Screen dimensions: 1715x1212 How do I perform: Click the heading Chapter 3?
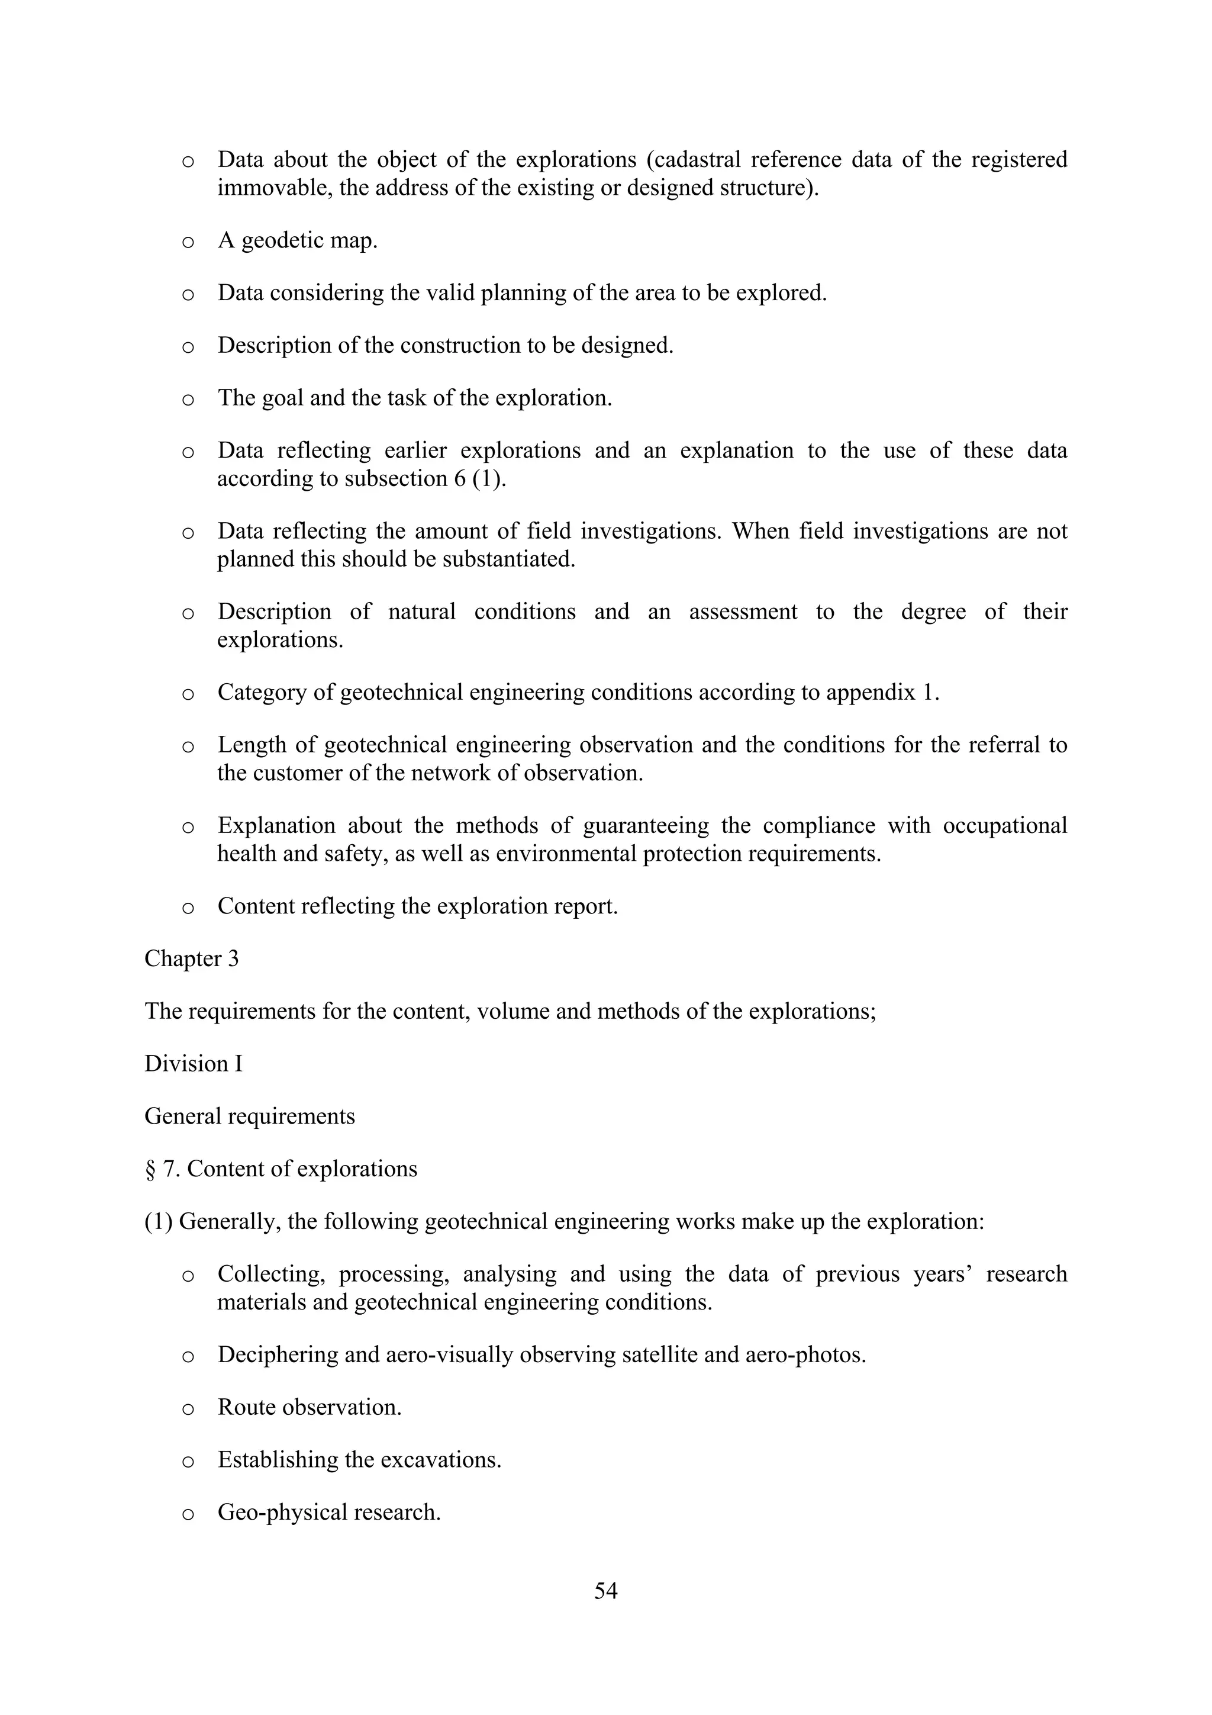pos(191,958)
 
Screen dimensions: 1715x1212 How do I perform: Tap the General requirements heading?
pos(249,1116)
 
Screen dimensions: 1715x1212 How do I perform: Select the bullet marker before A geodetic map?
pos(188,242)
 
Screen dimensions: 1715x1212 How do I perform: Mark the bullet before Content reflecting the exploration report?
pos(188,908)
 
